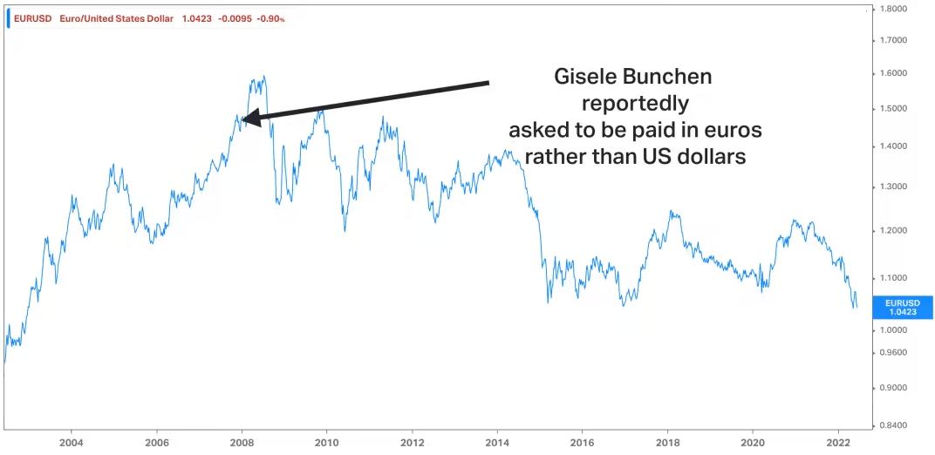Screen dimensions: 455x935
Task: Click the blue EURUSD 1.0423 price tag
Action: (x=902, y=307)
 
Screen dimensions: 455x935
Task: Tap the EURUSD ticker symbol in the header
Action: (x=31, y=18)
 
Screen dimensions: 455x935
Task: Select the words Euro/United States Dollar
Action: (x=117, y=18)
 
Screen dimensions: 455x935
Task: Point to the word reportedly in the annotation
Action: (x=635, y=103)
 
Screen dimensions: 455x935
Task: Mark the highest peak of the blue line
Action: (x=263, y=77)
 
